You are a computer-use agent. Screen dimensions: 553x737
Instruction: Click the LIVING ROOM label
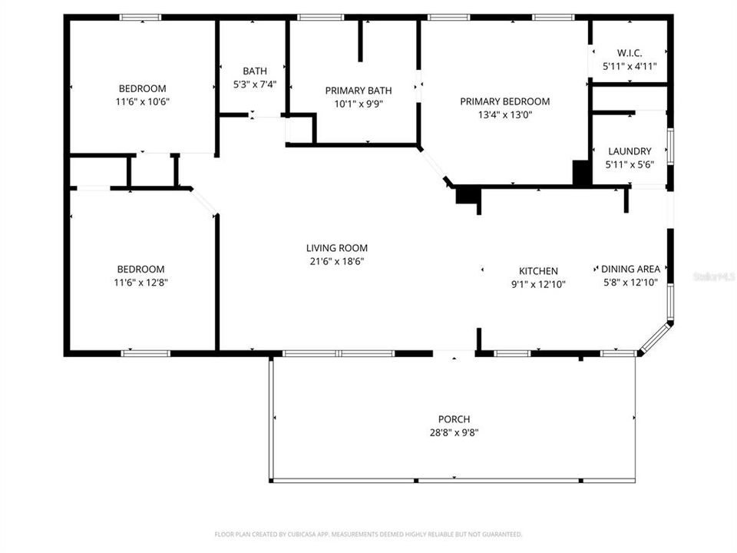(x=336, y=248)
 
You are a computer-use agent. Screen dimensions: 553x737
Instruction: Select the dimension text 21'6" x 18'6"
(x=336, y=261)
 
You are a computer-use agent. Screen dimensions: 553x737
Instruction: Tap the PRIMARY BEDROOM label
(x=504, y=101)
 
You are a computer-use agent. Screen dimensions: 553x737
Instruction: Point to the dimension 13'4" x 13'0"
(x=504, y=115)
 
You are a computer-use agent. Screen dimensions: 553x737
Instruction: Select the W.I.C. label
(x=629, y=53)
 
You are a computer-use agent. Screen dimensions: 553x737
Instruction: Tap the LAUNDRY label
(x=629, y=151)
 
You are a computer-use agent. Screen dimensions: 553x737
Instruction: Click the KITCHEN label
(x=538, y=271)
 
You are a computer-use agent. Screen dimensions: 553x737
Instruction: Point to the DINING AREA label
(x=630, y=269)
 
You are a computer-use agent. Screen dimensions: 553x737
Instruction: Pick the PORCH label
(x=454, y=419)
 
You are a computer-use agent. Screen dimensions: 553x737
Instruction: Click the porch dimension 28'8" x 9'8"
(x=454, y=432)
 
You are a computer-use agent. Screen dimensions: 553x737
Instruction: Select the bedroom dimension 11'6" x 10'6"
(x=141, y=101)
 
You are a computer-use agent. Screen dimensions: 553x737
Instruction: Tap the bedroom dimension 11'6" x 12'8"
(x=140, y=283)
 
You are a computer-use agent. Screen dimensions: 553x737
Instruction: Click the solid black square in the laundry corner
(x=582, y=173)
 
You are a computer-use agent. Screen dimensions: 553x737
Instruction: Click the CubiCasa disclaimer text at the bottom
(x=368, y=534)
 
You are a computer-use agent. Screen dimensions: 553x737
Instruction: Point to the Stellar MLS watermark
(x=713, y=275)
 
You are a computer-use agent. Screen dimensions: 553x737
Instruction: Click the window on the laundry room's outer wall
(x=670, y=146)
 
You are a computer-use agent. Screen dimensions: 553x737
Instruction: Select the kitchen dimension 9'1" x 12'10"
(x=538, y=284)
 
